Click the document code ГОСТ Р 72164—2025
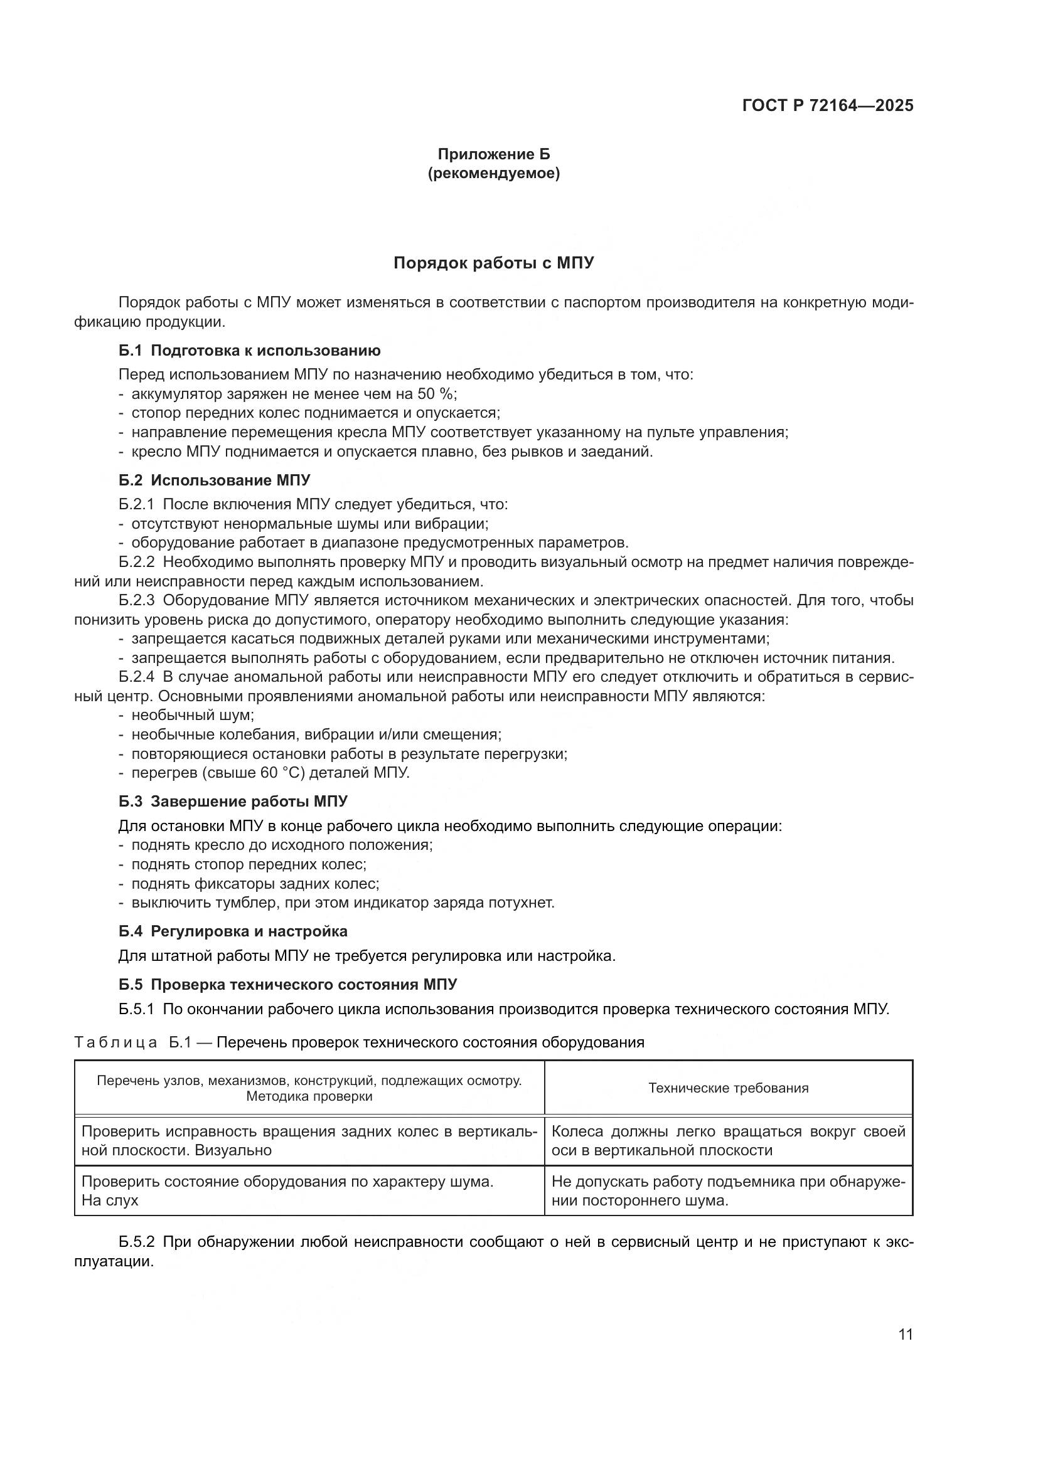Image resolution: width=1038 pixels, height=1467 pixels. tap(828, 105)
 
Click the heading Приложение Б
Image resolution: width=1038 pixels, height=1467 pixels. tap(493, 154)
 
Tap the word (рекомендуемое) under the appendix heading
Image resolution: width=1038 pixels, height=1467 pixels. tap(493, 173)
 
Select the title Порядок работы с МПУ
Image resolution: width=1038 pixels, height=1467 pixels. tap(493, 263)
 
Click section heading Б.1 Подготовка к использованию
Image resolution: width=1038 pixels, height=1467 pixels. tap(249, 350)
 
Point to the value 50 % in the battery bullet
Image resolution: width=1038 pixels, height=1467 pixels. tap(436, 394)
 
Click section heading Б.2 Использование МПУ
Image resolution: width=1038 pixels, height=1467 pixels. tap(214, 480)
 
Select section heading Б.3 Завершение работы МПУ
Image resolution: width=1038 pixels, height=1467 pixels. tap(233, 801)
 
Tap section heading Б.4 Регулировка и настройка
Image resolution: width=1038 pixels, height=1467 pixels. tap(233, 931)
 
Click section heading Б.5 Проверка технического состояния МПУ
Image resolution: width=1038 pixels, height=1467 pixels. tap(287, 984)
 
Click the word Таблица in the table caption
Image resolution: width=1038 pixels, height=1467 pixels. tap(115, 1043)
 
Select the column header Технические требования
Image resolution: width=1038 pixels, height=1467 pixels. tap(728, 1088)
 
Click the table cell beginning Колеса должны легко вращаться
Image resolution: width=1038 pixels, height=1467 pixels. tap(728, 1140)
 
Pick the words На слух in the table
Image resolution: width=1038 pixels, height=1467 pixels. tap(110, 1200)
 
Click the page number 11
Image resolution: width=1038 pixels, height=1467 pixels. tap(905, 1334)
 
